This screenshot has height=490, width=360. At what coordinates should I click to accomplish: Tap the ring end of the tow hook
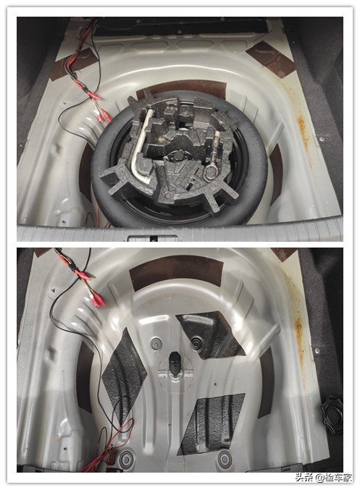[211, 172]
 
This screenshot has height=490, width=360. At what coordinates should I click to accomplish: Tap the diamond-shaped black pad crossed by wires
[125, 375]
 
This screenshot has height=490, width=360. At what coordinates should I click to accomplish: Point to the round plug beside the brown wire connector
[127, 459]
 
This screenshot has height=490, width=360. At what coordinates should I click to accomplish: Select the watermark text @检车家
[334, 478]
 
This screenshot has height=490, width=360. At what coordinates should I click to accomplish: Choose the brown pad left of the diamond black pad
[85, 376]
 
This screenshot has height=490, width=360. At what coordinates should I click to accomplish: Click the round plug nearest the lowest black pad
[225, 458]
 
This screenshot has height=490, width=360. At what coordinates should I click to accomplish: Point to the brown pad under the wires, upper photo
[72, 64]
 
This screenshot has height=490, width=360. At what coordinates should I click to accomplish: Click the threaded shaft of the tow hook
[216, 148]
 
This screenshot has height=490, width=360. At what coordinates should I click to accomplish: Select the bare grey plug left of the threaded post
[156, 345]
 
